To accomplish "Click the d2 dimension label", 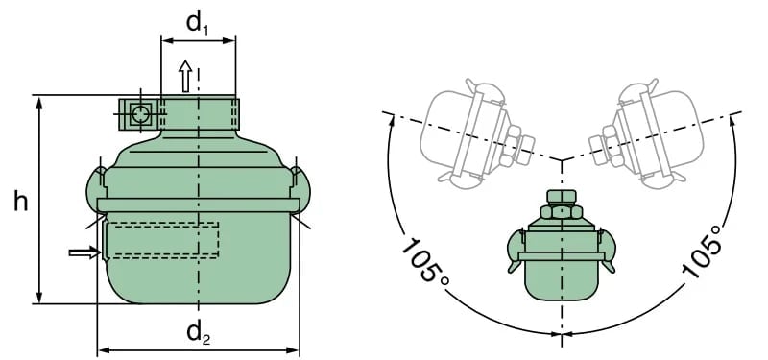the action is click(x=199, y=333).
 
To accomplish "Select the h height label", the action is click(x=20, y=201).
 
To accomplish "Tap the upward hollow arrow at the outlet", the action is click(x=185, y=76).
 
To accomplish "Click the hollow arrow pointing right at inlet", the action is click(x=85, y=252).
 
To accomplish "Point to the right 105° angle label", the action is click(x=702, y=252).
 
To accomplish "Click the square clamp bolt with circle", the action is click(x=139, y=114).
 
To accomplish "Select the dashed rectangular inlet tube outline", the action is click(x=162, y=240).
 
